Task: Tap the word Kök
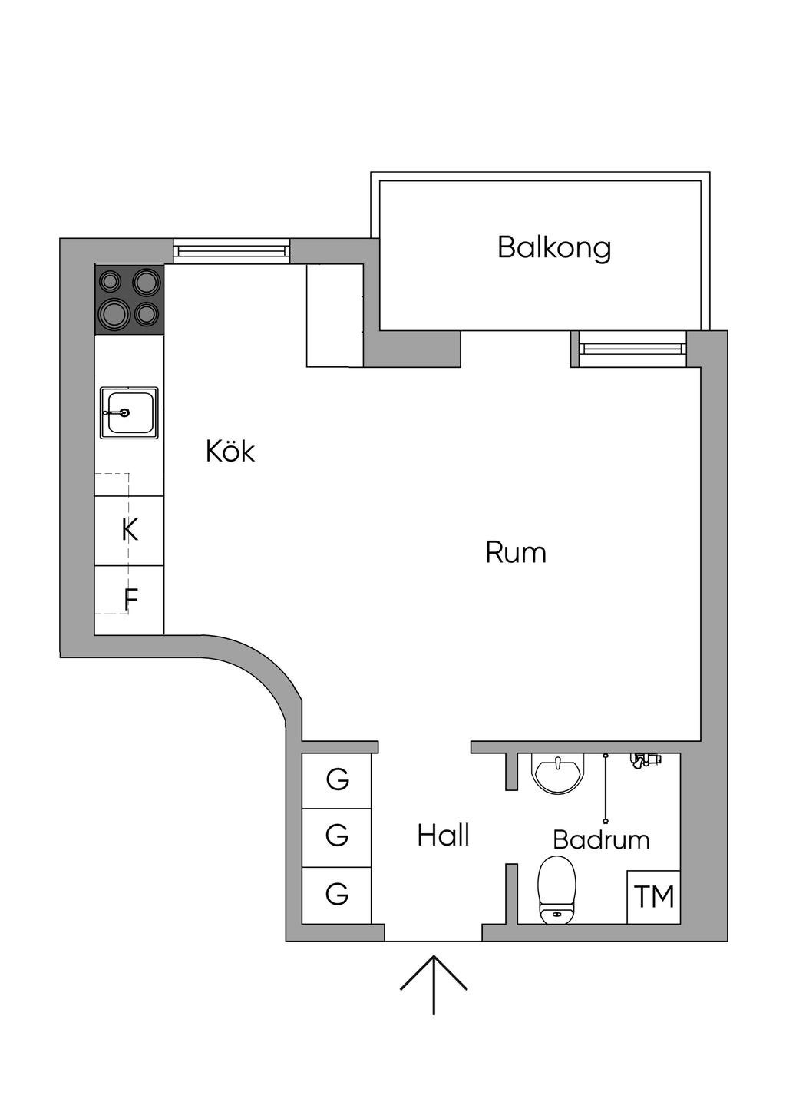pos(230,451)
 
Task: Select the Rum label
pos(516,552)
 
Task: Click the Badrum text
pos(601,839)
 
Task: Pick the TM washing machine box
pos(653,896)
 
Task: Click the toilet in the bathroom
pos(556,889)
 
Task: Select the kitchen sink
pos(129,412)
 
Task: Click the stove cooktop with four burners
pos(130,300)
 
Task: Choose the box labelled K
pos(129,530)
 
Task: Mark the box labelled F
pos(129,600)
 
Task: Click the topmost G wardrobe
pos(336,780)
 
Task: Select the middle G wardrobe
pos(336,838)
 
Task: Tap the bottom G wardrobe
pos(336,895)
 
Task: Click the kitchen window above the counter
pos(231,250)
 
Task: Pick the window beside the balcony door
pos(629,349)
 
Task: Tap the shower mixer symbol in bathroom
pos(645,760)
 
